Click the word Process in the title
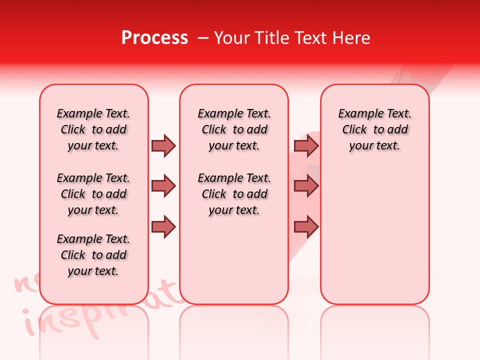pos(154,38)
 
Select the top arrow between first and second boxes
pos(163,145)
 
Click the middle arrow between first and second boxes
pos(163,186)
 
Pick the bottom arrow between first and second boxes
pos(163,227)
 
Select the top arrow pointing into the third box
pos(306,145)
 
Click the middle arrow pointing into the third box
pos(306,186)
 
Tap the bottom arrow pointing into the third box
pos(306,227)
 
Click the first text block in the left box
pos(93,129)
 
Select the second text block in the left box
pos(93,194)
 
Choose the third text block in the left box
pos(93,255)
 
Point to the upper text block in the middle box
pos(234,129)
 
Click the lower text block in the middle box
pos(234,194)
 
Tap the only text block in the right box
pos(374,129)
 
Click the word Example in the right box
pos(357,114)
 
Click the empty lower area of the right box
pos(374,240)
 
